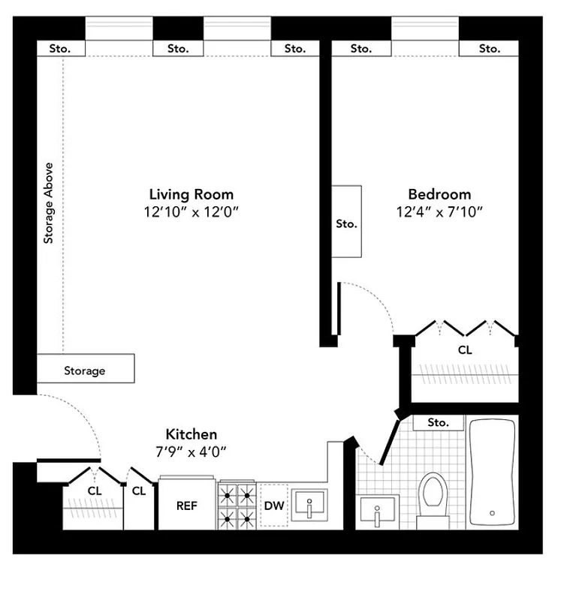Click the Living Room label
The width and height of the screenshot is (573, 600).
point(191,194)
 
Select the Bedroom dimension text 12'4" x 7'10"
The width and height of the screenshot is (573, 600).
point(439,211)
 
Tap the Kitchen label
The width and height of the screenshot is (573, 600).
point(191,434)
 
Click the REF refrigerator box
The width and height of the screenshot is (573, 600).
point(187,505)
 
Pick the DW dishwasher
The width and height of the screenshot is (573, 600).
point(274,505)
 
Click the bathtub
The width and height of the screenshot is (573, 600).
point(493,472)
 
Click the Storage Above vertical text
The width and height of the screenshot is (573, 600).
point(49,202)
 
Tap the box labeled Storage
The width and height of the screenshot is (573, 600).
point(85,370)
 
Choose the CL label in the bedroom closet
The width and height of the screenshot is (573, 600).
point(465,349)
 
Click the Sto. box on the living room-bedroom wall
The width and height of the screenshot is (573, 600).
point(346,223)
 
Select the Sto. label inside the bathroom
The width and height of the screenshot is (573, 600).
point(438,422)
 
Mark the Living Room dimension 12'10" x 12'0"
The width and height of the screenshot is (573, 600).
point(191,211)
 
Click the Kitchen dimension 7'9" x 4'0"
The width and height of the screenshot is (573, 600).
point(191,451)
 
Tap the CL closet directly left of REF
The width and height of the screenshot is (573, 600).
point(139,492)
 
